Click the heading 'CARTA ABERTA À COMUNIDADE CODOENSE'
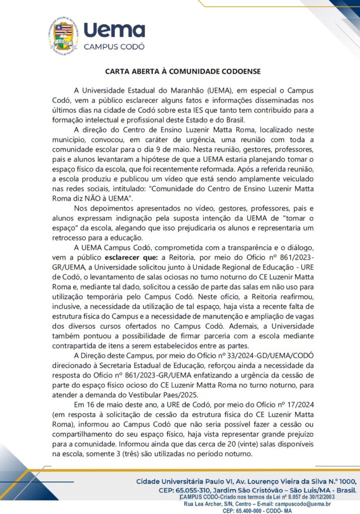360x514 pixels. [x=183, y=71]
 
